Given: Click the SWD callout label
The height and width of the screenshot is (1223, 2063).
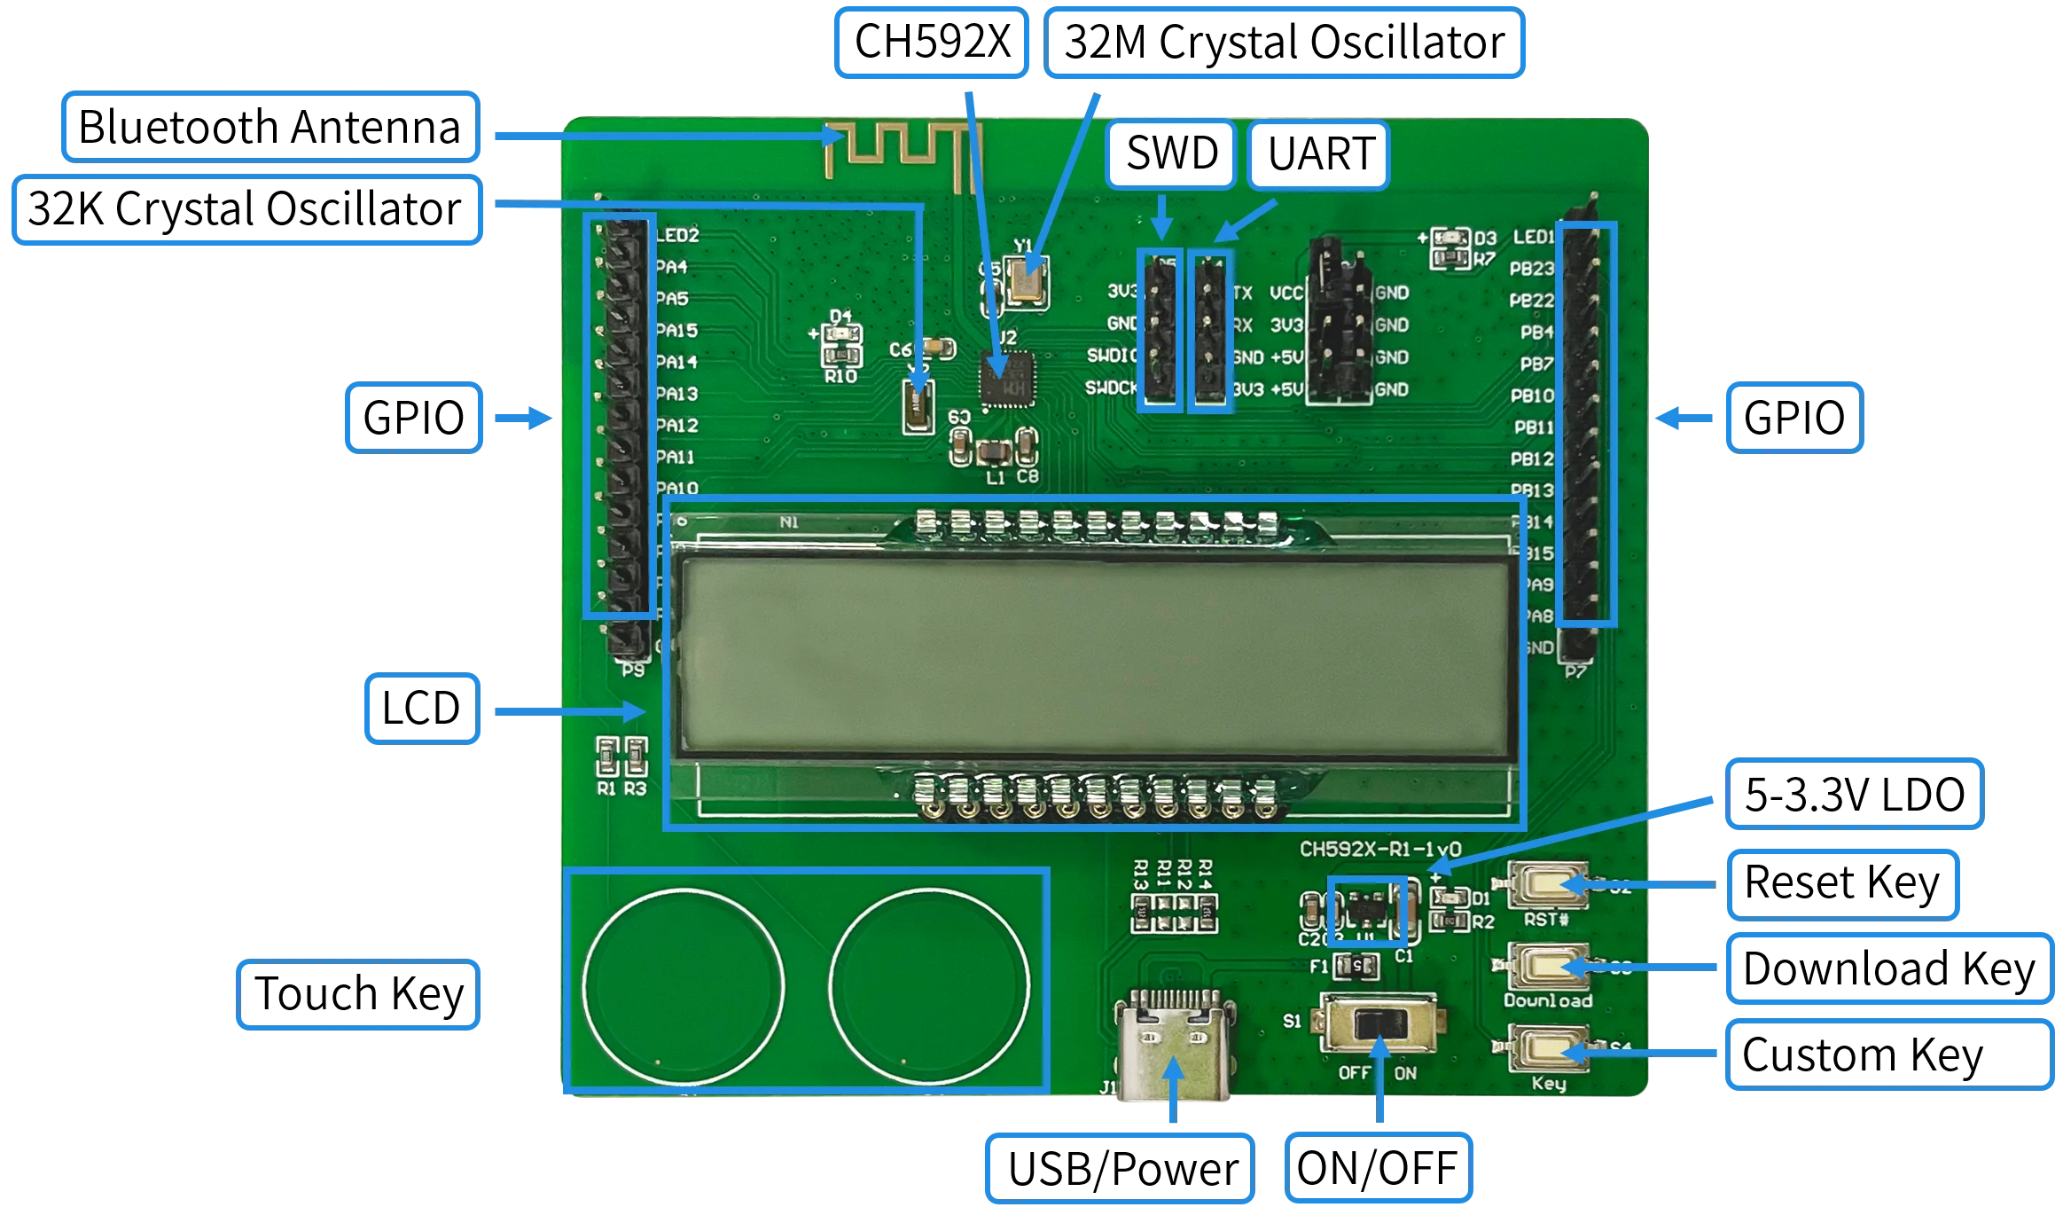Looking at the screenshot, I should click(1171, 154).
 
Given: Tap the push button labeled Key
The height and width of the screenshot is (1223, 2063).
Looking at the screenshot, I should click(1547, 1050).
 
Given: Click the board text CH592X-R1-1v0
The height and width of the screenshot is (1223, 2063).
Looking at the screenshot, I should click(1379, 849).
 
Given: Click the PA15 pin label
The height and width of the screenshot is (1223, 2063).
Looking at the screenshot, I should click(676, 331).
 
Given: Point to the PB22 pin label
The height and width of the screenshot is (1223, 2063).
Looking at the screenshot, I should click(1531, 301).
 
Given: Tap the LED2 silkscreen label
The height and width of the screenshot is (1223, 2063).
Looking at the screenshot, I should click(677, 235).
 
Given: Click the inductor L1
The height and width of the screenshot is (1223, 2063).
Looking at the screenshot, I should click(995, 454).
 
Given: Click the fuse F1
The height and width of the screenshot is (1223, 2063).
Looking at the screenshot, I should click(1356, 965).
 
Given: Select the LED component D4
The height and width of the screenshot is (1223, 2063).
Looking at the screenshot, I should click(840, 335).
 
